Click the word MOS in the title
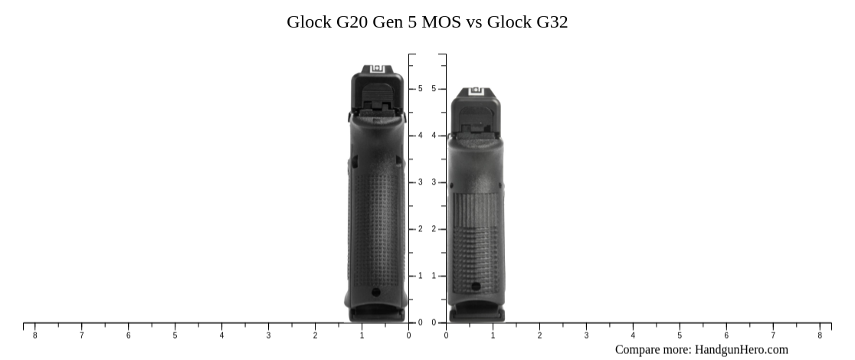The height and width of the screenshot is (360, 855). pyautogui.click(x=437, y=21)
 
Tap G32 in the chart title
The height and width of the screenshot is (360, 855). pyautogui.click(x=552, y=21)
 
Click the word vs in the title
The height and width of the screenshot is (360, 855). pyautogui.click(x=473, y=21)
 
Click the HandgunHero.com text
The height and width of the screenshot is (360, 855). pyautogui.click(x=741, y=349)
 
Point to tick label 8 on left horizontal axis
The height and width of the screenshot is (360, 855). pyautogui.click(x=34, y=335)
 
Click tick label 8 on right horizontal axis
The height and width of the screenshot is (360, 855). pyautogui.click(x=820, y=335)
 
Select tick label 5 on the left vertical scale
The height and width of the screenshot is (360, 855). pyautogui.click(x=420, y=89)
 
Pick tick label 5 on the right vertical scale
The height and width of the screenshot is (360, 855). pyautogui.click(x=434, y=89)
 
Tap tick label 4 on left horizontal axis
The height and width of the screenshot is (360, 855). pyautogui.click(x=221, y=335)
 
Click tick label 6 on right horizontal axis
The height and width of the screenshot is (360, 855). pyautogui.click(x=726, y=335)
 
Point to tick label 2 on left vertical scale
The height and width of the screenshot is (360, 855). pyautogui.click(x=420, y=229)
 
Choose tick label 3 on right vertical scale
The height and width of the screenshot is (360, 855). pyautogui.click(x=434, y=182)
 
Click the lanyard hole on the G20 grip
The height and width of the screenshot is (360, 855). pyautogui.click(x=375, y=292)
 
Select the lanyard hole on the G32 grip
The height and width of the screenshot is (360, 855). pyautogui.click(x=476, y=286)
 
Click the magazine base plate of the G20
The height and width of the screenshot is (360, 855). pyautogui.click(x=376, y=313)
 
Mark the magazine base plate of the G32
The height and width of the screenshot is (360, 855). pyautogui.click(x=477, y=313)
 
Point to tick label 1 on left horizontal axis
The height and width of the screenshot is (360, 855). pyautogui.click(x=362, y=335)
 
